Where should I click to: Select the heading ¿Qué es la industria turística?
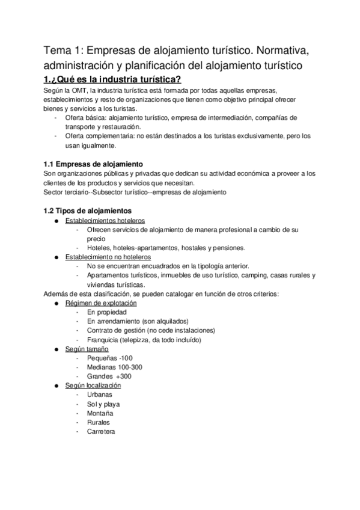(113, 81)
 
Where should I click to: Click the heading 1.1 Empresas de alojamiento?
(93, 164)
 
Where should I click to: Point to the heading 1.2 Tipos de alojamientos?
(87, 210)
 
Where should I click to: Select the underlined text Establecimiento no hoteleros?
(108, 257)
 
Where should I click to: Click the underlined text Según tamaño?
(87, 349)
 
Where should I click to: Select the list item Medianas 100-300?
(114, 367)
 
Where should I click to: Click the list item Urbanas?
(99, 395)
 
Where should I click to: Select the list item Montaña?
(100, 413)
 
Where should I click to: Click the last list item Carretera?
(101, 431)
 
